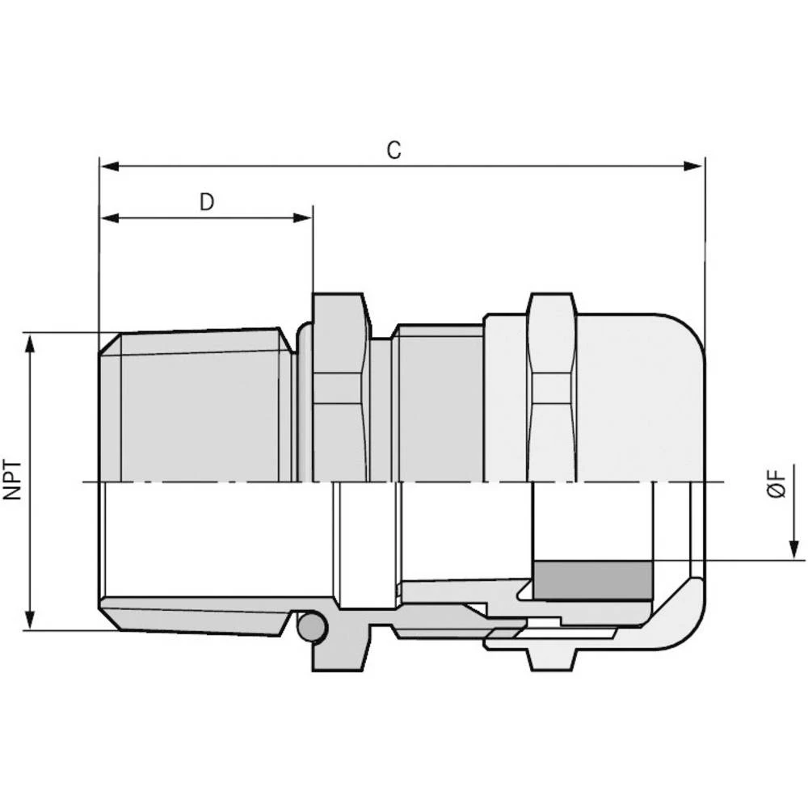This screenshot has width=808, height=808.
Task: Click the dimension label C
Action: [x=393, y=150]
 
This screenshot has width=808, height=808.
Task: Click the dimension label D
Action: [x=207, y=202]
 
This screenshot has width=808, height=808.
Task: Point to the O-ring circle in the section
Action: [x=312, y=625]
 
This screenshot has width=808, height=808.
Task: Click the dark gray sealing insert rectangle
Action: [x=593, y=581]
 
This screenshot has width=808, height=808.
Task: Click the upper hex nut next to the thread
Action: [x=339, y=388]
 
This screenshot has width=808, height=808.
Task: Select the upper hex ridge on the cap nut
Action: [x=553, y=388]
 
